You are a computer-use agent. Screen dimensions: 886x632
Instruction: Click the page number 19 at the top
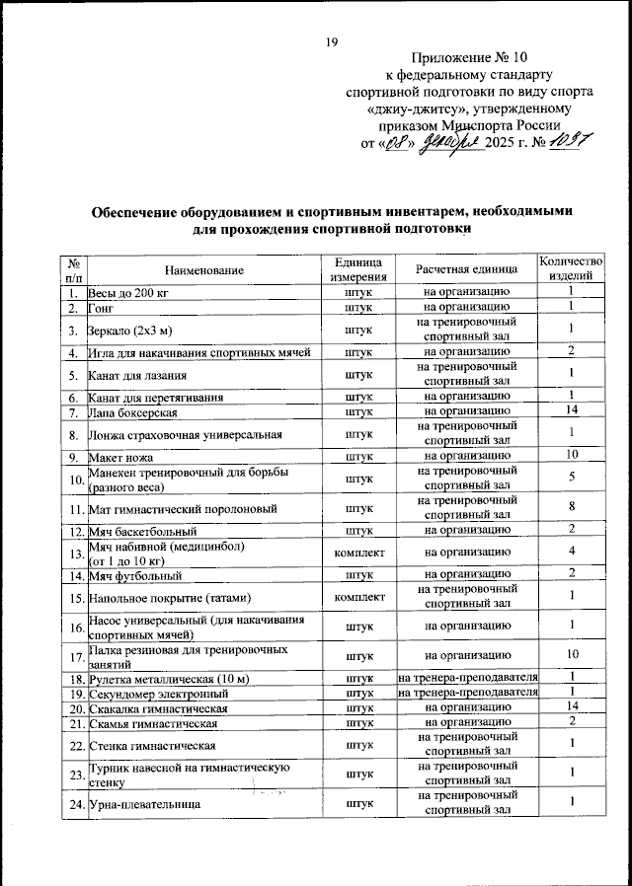pos(332,40)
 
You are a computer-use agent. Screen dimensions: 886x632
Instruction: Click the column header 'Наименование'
pos(203,269)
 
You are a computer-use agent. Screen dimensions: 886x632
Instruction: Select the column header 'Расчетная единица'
pos(466,269)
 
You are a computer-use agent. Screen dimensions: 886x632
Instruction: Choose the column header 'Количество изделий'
pos(570,269)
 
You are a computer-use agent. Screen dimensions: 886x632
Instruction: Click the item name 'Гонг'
pos(103,309)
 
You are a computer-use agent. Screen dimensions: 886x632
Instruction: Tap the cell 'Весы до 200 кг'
pos(128,293)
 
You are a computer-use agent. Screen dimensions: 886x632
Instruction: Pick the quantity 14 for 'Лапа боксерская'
pos(571,409)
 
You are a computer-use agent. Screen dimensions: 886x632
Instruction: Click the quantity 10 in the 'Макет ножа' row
pos(571,456)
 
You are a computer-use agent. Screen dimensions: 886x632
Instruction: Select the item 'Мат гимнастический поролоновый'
pos(182,508)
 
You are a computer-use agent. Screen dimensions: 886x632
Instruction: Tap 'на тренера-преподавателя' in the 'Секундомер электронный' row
pos(466,693)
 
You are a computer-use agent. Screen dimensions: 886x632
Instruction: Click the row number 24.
pos(74,805)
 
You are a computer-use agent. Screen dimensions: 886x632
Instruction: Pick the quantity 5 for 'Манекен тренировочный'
pos(571,479)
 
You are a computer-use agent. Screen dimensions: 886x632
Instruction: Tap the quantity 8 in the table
pos(571,508)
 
